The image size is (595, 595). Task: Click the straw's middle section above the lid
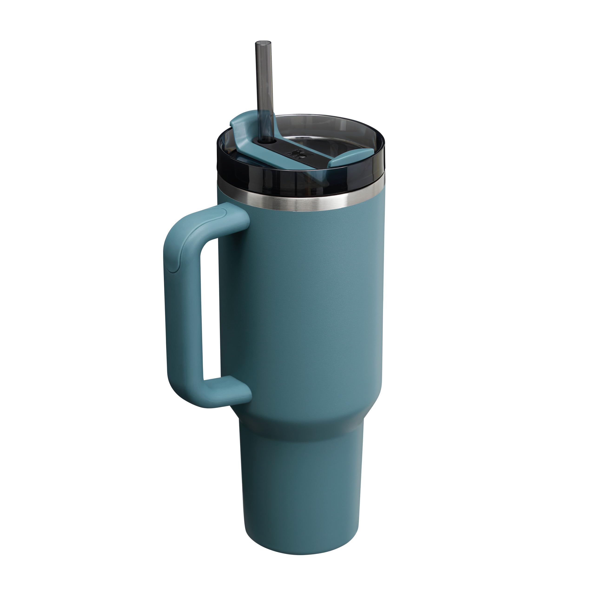[x=264, y=83]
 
